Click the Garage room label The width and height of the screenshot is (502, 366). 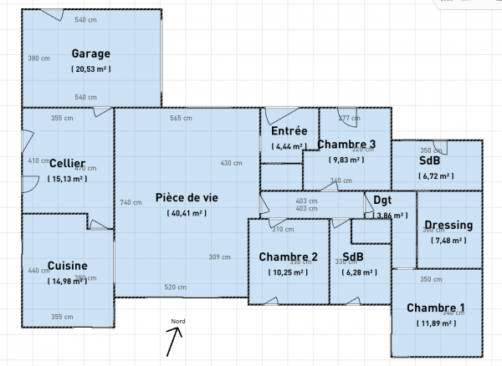(x=90, y=53)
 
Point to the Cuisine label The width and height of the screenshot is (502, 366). (x=67, y=266)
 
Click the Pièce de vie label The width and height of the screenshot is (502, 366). (x=186, y=198)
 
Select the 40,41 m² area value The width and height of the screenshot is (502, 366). (x=186, y=213)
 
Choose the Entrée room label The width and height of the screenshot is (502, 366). (x=289, y=131)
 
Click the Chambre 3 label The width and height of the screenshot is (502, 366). (x=346, y=145)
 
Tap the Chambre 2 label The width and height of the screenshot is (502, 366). (x=288, y=256)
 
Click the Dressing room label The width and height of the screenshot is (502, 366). (x=448, y=226)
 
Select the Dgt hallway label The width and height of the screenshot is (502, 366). (x=382, y=201)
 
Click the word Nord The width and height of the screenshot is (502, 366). (x=178, y=321)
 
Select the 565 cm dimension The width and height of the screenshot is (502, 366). (x=182, y=118)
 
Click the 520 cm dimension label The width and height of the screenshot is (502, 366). (x=175, y=287)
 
